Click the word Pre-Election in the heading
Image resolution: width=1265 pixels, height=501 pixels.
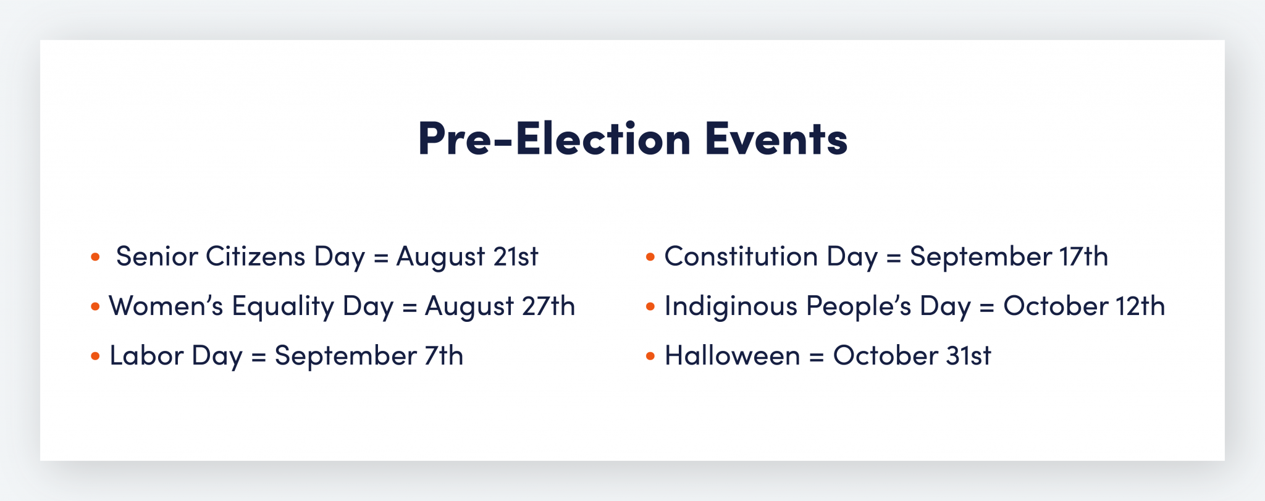[554, 138]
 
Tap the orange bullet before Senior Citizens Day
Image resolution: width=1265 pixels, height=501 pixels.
[95, 257]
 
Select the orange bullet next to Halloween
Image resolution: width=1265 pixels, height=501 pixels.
[650, 356]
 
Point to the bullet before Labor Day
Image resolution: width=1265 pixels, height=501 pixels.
[95, 356]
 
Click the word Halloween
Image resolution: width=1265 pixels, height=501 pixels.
[732, 356]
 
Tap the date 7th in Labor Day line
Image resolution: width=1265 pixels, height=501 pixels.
[443, 356]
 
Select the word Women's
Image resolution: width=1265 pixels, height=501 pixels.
[166, 306]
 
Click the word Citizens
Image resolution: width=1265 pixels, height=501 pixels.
[255, 257]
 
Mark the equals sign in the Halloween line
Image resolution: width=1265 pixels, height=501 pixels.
[817, 357]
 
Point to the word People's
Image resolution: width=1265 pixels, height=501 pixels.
[858, 306]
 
